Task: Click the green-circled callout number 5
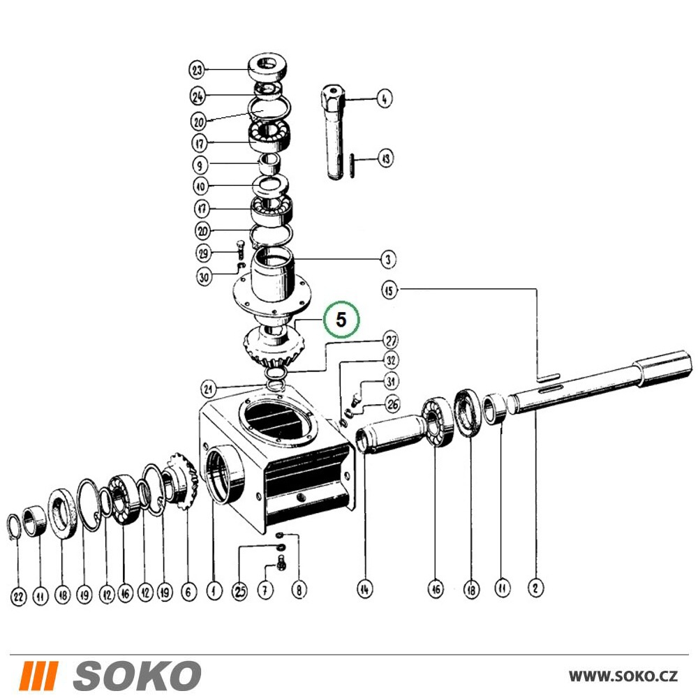[x=341, y=319]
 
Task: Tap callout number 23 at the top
[x=197, y=70]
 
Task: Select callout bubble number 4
[x=384, y=98]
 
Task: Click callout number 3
[x=387, y=259]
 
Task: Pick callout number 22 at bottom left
[x=18, y=596]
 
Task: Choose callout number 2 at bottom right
[x=535, y=588]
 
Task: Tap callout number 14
[x=364, y=589]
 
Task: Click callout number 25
[x=240, y=591]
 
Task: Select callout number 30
[x=204, y=277]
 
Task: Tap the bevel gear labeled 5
[x=274, y=346]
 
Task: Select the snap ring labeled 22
[x=13, y=528]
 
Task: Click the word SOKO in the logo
[x=137, y=675]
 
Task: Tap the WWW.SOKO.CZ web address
[x=623, y=676]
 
